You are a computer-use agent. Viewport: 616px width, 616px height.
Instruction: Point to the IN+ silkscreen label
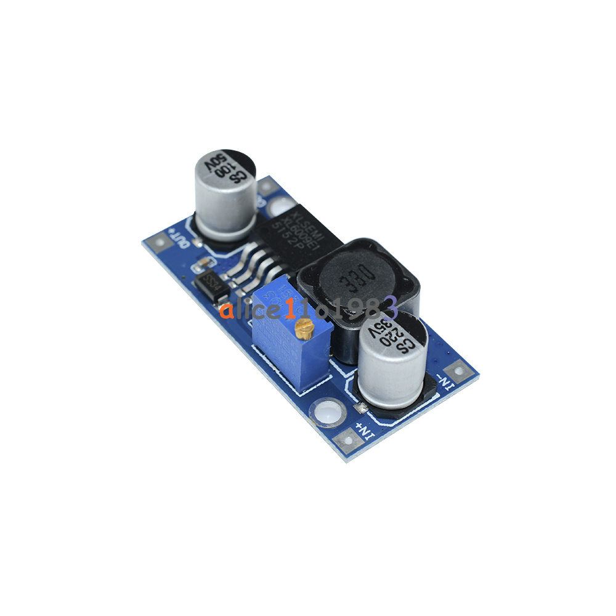(367, 431)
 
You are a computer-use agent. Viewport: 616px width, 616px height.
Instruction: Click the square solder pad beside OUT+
(160, 243)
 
